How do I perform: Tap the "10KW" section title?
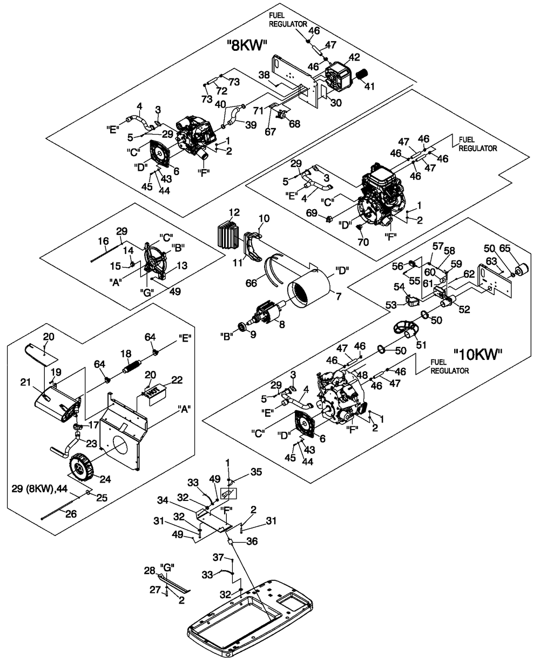tap(478, 355)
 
